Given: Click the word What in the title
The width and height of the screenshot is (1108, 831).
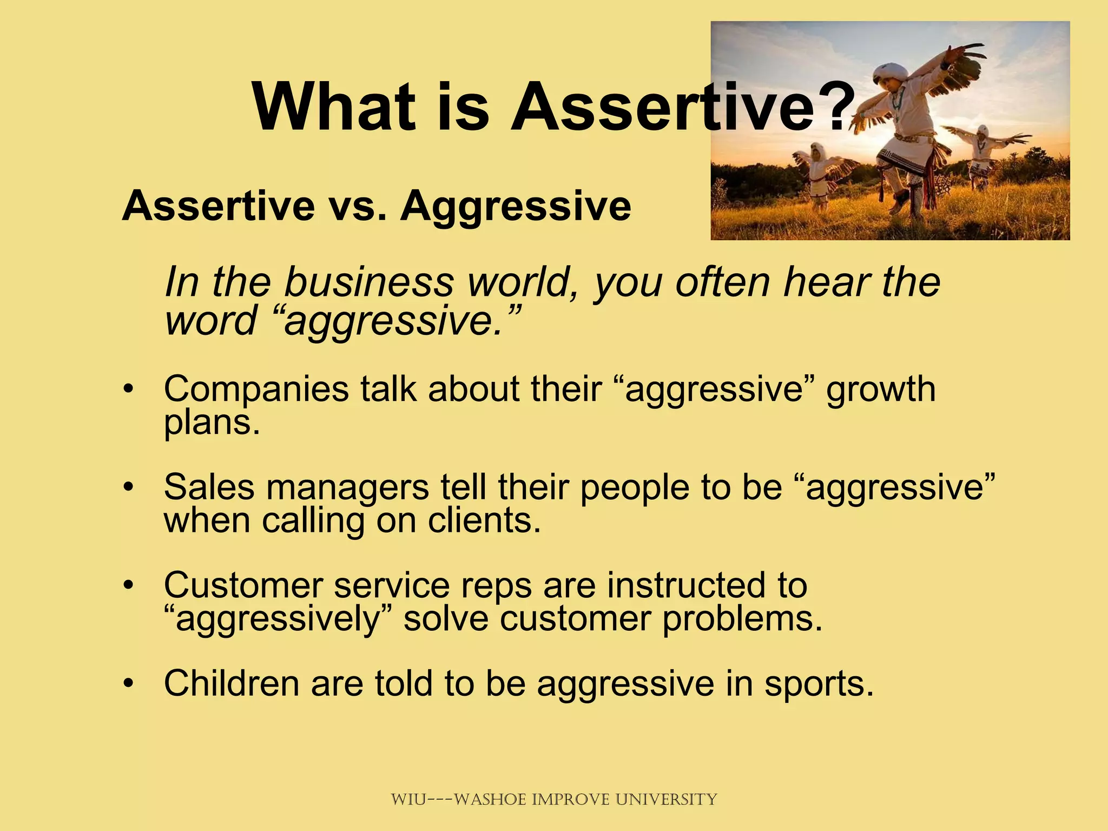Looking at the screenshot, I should pyautogui.click(x=333, y=107).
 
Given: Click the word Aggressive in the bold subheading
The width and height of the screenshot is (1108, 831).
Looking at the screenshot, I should pyautogui.click(x=515, y=207).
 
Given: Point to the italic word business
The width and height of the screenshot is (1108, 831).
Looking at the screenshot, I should pyautogui.click(x=369, y=282).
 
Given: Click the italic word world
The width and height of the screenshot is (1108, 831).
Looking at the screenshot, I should pyautogui.click(x=524, y=282).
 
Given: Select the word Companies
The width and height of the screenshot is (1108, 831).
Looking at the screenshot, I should pyautogui.click(x=256, y=389).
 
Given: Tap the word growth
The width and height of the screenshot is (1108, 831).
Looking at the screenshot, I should pyautogui.click(x=881, y=389).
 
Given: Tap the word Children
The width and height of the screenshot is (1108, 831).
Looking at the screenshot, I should pyautogui.click(x=231, y=684).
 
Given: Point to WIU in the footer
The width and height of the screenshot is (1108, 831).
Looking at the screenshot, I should pyautogui.click(x=408, y=800).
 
